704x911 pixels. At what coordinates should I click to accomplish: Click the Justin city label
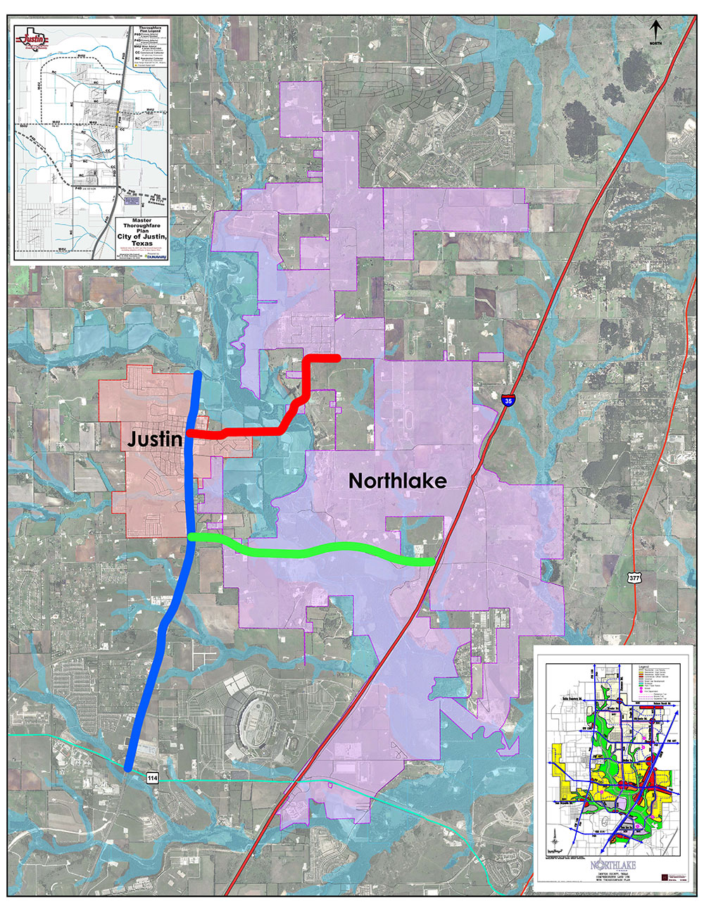[x=155, y=440]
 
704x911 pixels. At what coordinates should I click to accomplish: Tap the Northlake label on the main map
[x=398, y=481]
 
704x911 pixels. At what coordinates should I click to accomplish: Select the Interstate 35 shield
[x=508, y=401]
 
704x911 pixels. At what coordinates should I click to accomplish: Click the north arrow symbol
[x=655, y=30]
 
